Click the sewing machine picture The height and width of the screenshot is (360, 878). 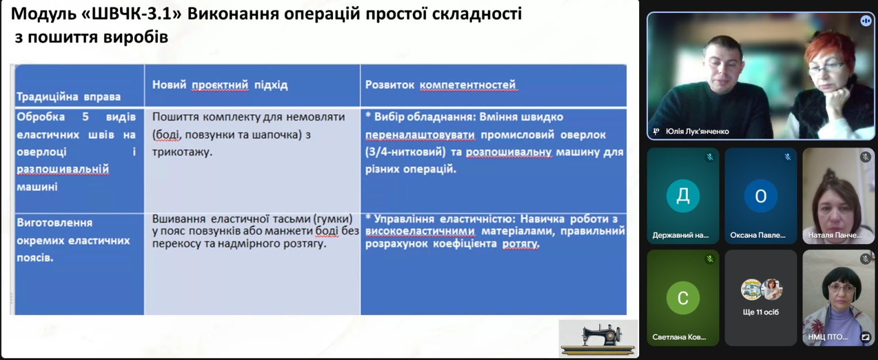pyautogui.click(x=598, y=339)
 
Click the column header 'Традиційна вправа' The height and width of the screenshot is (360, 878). pyautogui.click(x=68, y=97)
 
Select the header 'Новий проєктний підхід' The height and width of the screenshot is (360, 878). pyautogui.click(x=220, y=85)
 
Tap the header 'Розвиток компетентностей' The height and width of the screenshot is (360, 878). pyautogui.click(x=441, y=85)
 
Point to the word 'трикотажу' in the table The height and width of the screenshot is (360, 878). pyautogui.click(x=181, y=152)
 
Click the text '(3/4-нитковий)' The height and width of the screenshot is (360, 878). pyautogui.click(x=405, y=152)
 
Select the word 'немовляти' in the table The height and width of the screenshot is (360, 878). pyautogui.click(x=315, y=117)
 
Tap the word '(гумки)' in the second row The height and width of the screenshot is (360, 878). pyautogui.click(x=333, y=219)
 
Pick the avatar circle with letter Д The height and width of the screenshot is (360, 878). pyautogui.click(x=683, y=196)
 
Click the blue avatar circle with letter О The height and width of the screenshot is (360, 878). pyautogui.click(x=760, y=196)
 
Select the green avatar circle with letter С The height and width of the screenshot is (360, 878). pyautogui.click(x=683, y=297)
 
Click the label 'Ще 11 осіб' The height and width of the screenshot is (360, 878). pyautogui.click(x=760, y=312)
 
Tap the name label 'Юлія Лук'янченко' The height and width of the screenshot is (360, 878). pyautogui.click(x=697, y=131)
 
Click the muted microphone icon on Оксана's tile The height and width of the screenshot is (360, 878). pyautogui.click(x=787, y=157)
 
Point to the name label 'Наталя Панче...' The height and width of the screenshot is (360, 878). pyautogui.click(x=835, y=235)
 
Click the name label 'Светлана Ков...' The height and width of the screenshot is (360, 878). pyautogui.click(x=679, y=337)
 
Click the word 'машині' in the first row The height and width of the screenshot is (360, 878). pyautogui.click(x=37, y=187)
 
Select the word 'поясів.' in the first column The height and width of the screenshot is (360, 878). pyautogui.click(x=35, y=258)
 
